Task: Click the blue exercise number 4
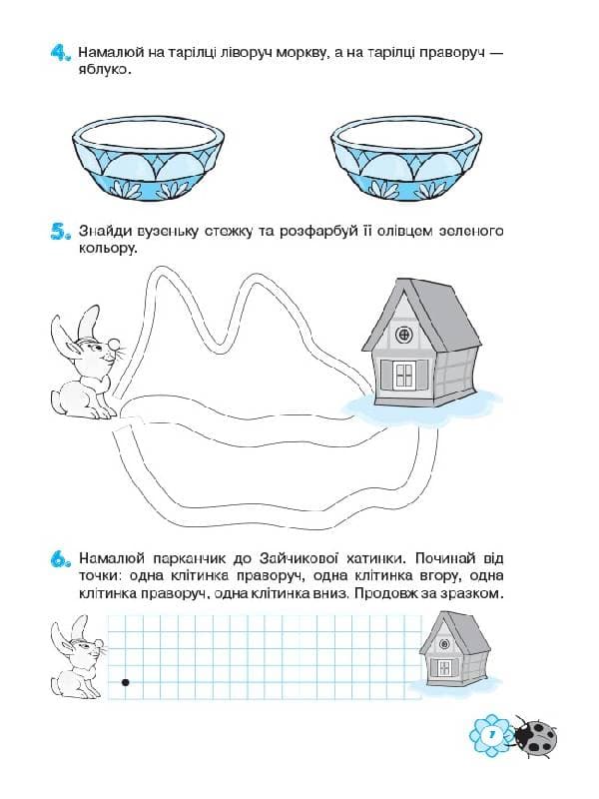(57, 55)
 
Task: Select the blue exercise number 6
(57, 561)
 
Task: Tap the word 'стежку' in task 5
(205, 232)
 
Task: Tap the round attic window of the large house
(404, 334)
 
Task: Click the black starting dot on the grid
(125, 683)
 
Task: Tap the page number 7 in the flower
(490, 736)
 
